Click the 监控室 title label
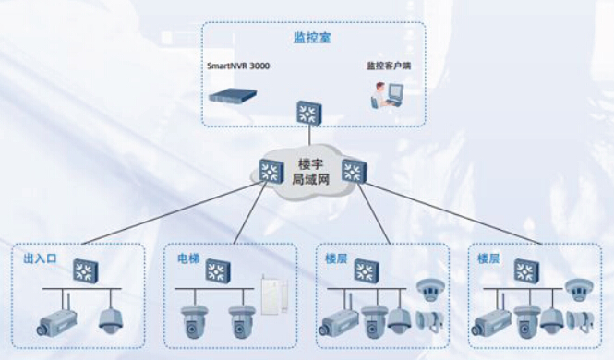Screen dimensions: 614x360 312,38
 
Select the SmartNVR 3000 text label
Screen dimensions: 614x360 238,66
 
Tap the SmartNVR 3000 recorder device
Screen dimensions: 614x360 233,95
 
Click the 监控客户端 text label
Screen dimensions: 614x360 389,66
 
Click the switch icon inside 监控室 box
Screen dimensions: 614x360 309,114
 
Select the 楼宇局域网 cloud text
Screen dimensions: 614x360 311,172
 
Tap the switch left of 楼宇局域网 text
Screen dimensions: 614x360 271,172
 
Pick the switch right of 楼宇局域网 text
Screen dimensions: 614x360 354,171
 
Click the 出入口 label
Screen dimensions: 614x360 40,258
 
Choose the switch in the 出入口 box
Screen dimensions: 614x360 85,270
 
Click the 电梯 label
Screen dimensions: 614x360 188,258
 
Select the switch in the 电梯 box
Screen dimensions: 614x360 218,270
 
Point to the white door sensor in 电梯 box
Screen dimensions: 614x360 274,294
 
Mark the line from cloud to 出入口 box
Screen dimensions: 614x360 172,213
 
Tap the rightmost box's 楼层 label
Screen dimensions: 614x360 488,258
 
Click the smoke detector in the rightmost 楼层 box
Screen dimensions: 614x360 579,289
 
